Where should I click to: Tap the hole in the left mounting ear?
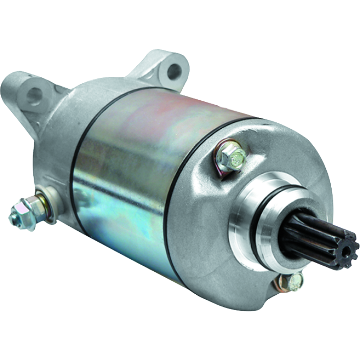(34, 94)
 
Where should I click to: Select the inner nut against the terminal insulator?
(36, 205)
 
